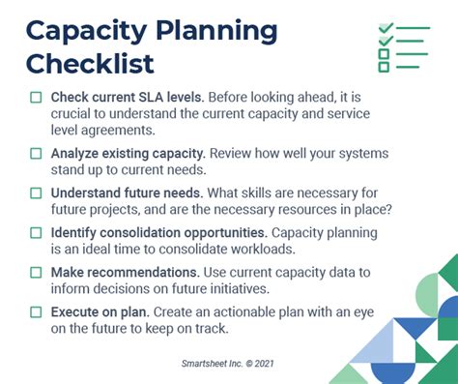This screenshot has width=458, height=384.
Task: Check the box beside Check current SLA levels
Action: click(36, 98)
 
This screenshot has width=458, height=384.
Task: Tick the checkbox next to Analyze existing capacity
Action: click(36, 153)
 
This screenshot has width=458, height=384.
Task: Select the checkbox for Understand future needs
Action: click(36, 192)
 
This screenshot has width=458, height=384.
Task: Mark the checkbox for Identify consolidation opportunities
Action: click(36, 233)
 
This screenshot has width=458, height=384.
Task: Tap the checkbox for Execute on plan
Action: click(36, 312)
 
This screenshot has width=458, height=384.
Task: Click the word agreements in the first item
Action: click(122, 131)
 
